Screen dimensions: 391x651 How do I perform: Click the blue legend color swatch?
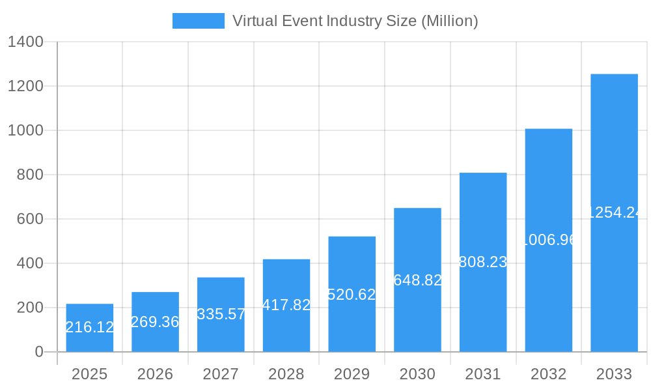click(198, 21)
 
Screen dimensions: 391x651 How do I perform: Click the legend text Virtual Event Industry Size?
click(355, 21)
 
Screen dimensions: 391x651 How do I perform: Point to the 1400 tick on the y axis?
click(25, 42)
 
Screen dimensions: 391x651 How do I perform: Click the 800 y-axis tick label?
click(30, 175)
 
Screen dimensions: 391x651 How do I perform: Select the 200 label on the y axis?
click(30, 308)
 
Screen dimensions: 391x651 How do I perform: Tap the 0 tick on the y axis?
click(38, 352)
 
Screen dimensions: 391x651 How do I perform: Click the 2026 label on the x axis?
click(155, 374)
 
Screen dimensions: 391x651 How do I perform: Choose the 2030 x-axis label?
click(417, 374)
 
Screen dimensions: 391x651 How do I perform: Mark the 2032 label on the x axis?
click(548, 374)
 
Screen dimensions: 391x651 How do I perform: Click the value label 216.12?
click(90, 327)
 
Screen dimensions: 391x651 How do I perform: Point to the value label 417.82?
click(286, 305)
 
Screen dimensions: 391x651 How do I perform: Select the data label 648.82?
click(418, 280)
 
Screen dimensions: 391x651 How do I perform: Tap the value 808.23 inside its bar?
click(483, 262)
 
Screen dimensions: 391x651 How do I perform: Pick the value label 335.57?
click(221, 314)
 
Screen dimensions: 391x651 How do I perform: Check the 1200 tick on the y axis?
click(25, 86)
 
